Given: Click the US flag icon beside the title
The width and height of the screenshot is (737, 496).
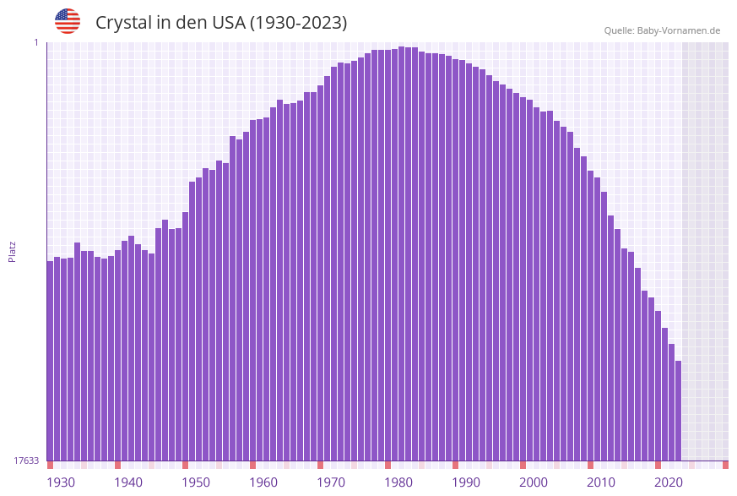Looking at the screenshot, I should [x=68, y=21].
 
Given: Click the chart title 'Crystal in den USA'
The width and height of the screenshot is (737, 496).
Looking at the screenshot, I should [x=221, y=23].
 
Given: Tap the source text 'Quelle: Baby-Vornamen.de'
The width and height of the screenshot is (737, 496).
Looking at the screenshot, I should [x=662, y=30].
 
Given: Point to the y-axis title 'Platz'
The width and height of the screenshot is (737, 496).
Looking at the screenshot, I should [x=13, y=251].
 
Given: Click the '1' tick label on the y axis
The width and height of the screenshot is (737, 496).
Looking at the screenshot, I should [x=35, y=42].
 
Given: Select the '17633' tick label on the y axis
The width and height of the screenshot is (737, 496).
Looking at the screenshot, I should [x=26, y=461].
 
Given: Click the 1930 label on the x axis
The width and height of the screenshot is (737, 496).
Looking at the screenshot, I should [x=60, y=482].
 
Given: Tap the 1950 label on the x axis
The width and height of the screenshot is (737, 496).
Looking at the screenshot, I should [x=196, y=482].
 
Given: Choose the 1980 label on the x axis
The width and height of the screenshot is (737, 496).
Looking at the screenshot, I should [x=398, y=482].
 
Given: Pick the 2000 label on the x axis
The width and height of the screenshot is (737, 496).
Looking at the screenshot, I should [x=534, y=482].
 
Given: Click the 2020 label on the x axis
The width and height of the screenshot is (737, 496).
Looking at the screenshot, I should [x=669, y=482].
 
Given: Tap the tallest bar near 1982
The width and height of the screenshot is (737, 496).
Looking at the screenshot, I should [x=401, y=253].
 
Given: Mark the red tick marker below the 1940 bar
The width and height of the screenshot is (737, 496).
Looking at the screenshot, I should [x=117, y=465].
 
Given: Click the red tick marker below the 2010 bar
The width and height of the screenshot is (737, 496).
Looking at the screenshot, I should [x=590, y=465].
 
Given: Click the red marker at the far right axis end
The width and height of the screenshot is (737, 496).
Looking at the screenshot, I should [x=725, y=465].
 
